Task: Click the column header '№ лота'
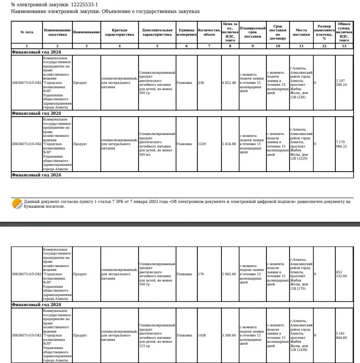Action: tap(27, 32)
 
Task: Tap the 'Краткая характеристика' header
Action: tap(119, 32)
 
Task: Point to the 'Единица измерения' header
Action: tap(186, 32)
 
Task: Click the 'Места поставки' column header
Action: tap(302, 32)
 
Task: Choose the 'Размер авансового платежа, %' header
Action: tap(324, 32)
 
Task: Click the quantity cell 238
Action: tap(201, 82)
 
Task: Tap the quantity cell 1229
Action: tap(202, 144)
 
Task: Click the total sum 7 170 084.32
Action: tap(342, 144)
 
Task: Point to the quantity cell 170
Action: tap(201, 274)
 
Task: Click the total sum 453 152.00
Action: tap(342, 274)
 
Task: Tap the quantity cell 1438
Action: tap(202, 335)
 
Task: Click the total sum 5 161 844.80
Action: tap(342, 335)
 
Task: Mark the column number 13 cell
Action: tap(344, 45)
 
